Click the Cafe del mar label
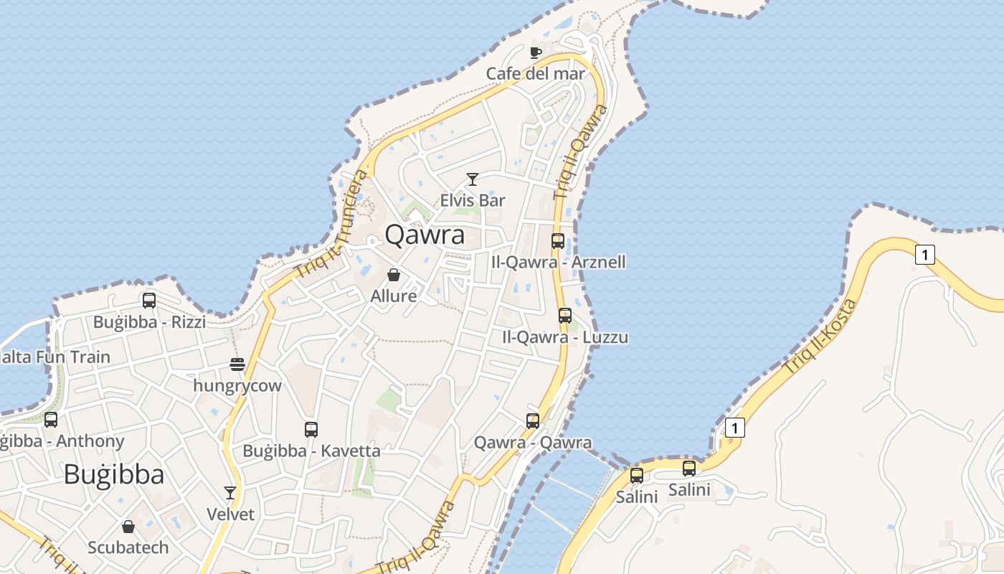535,73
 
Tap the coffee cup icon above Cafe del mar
535,52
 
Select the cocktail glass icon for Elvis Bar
472,179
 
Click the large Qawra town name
425,235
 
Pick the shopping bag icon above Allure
393,275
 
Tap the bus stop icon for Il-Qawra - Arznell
558,241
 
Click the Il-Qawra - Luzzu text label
565,337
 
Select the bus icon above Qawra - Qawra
532,421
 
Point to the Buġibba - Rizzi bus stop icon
149,301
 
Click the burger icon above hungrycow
237,364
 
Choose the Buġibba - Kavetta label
311,451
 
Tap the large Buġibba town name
114,474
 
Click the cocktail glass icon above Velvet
230,493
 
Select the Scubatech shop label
128,547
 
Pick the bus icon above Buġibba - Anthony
51,420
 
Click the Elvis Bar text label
473,200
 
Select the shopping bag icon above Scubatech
128,527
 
